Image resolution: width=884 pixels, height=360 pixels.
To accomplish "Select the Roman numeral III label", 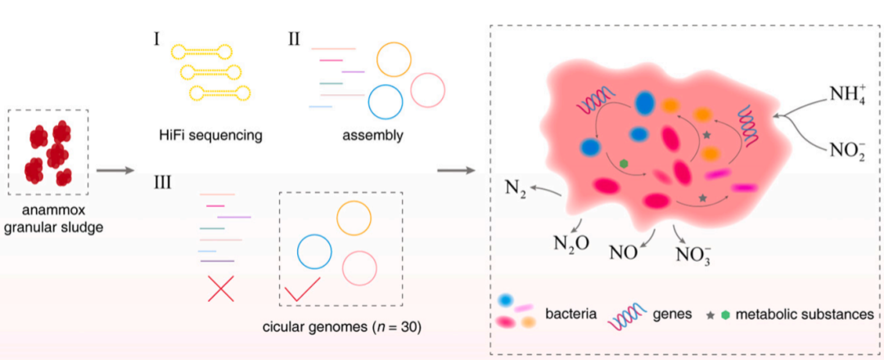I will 162,182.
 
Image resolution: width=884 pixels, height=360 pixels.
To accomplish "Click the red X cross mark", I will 221,288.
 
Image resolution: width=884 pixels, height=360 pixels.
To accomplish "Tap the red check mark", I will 301,289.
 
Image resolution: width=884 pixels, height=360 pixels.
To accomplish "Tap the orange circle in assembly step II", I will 394,59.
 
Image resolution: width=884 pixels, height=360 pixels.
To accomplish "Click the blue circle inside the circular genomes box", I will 313,252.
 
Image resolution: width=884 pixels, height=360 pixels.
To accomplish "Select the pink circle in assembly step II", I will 428,90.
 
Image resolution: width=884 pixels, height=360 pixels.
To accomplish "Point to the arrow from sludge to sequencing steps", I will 115,171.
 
